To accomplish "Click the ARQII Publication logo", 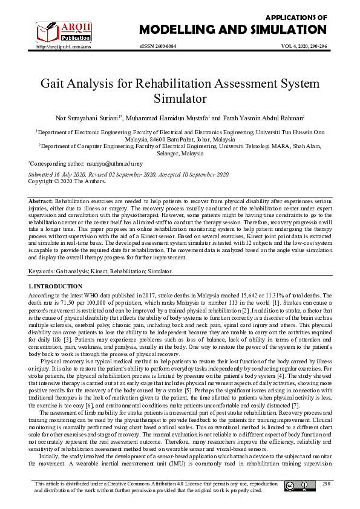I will pos(56,30).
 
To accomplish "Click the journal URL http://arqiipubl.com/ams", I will pos(64,47).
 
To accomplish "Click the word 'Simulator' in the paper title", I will pos(180,99).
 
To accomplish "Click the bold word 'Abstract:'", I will pos(42,200).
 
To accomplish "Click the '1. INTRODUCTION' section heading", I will pos(56,285).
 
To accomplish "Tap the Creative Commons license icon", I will pos(293,486).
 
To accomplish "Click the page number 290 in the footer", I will pos(326,484).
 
